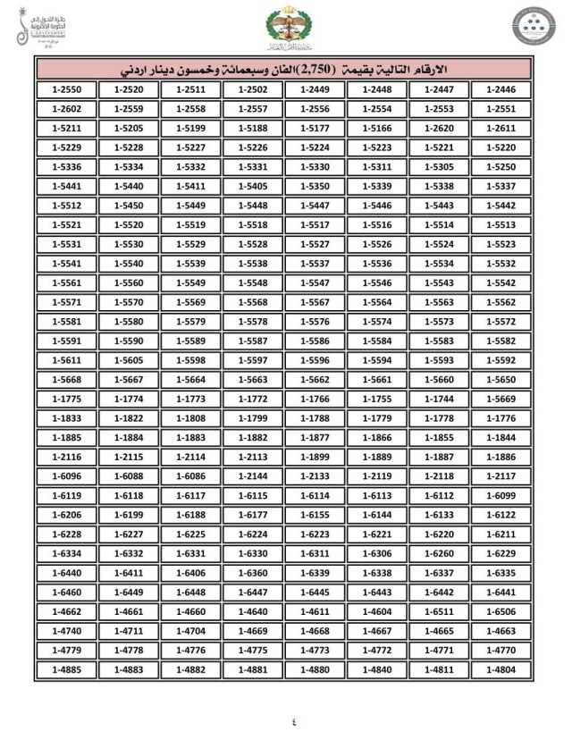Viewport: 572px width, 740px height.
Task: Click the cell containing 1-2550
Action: point(67,89)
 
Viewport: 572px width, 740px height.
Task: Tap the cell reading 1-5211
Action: point(67,128)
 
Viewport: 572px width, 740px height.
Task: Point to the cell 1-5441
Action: point(67,186)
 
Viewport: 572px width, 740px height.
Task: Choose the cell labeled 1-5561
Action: point(67,282)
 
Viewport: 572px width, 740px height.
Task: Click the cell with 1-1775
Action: point(67,399)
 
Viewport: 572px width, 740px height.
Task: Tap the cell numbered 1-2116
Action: point(67,457)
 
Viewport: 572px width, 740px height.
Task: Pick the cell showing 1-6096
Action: point(67,476)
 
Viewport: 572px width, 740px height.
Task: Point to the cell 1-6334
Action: point(67,553)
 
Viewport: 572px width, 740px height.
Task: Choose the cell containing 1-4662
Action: point(67,611)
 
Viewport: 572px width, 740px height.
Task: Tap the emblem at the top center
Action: point(284,29)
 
